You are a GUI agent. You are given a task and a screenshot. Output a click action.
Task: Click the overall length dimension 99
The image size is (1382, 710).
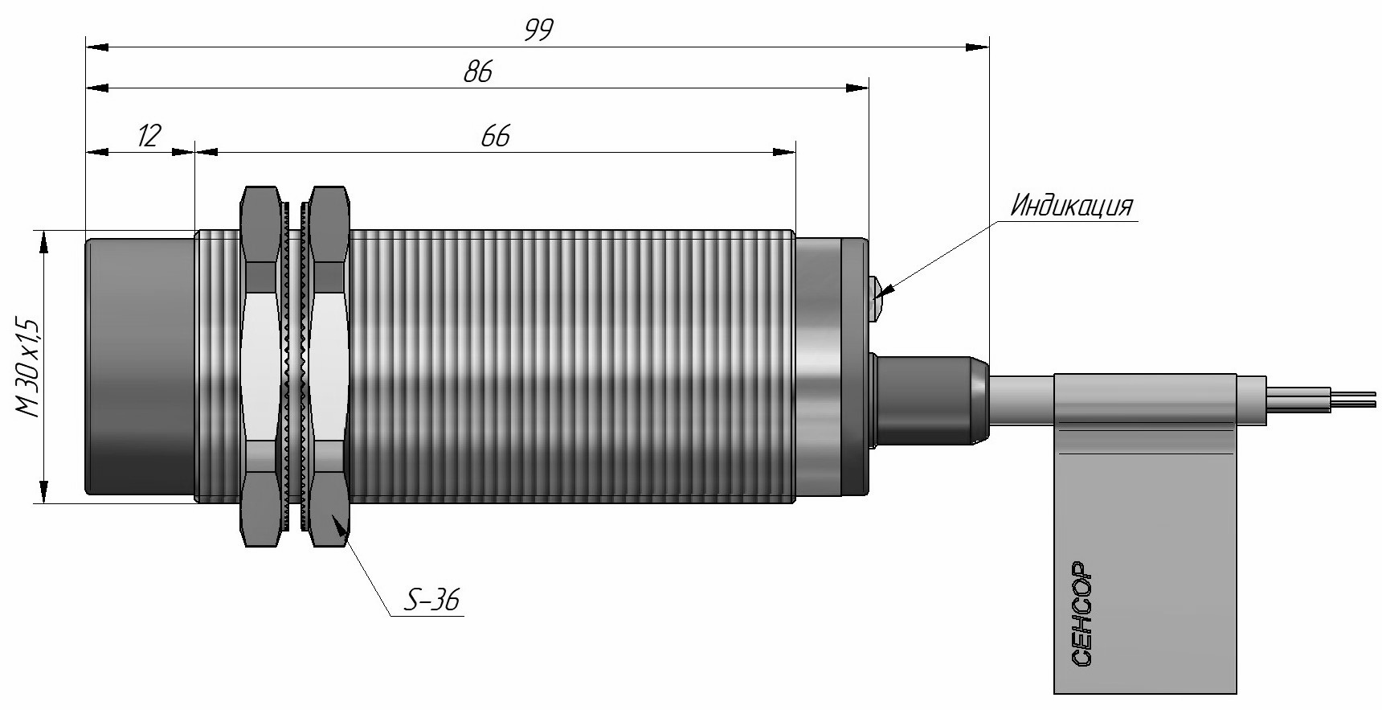pos(539,30)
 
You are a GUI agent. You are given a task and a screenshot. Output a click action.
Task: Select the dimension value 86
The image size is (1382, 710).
pos(478,72)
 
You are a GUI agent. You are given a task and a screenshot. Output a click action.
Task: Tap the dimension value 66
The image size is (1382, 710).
pos(496,137)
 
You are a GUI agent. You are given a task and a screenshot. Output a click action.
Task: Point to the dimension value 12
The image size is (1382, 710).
pos(149,136)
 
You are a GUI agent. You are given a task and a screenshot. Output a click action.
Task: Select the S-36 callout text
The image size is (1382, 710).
pos(432,600)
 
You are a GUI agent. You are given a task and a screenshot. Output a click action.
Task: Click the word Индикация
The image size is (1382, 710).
pos(1071,207)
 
